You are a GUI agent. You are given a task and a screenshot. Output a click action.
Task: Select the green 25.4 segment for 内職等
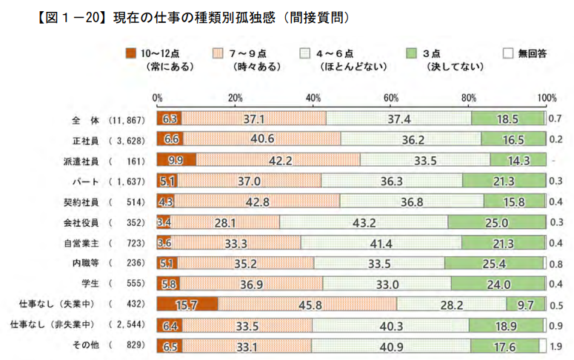tap(495, 263)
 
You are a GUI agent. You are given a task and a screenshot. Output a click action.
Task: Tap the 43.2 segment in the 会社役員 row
tap(364, 221)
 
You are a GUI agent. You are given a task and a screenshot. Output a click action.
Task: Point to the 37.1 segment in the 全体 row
tap(253, 118)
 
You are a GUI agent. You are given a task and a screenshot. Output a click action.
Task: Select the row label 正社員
tap(78, 139)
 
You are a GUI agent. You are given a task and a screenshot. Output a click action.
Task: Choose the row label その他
tap(82, 346)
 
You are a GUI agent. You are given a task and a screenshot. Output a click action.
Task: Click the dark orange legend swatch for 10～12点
tap(131, 53)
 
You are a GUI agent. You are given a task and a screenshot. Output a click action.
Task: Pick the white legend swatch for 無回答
tap(508, 53)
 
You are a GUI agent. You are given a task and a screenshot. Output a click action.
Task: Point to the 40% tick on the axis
tap(313, 99)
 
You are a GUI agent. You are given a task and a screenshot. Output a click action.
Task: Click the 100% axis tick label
tap(547, 99)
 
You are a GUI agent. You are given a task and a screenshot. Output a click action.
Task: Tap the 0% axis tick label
tap(157, 99)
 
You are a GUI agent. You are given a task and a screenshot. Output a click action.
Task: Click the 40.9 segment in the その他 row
tap(390, 346)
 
